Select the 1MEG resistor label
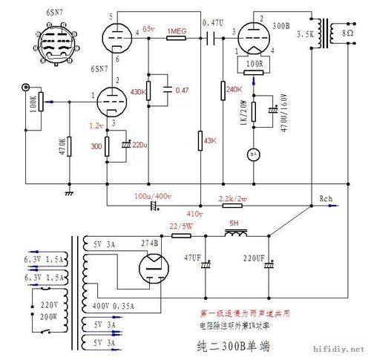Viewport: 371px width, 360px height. [177, 30]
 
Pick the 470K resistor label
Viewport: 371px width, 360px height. [61, 151]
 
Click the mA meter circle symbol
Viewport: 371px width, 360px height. [252, 154]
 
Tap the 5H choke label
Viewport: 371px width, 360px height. [235, 222]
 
